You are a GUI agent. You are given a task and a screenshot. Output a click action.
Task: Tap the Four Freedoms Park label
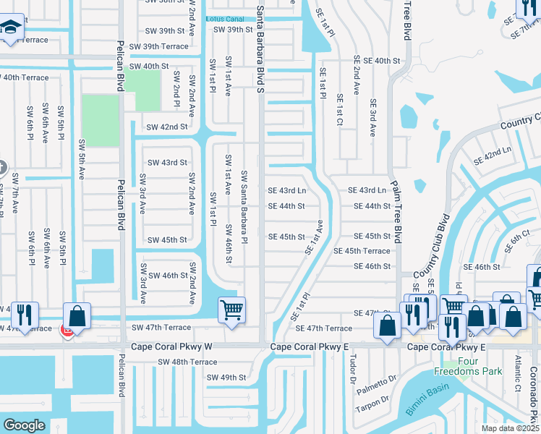[x=463, y=366]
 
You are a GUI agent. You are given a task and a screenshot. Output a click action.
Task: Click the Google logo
[x=24, y=425]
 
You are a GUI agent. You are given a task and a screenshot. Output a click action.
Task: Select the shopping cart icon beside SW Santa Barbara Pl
[x=232, y=310]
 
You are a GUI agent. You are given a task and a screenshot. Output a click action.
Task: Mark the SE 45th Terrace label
[x=362, y=251]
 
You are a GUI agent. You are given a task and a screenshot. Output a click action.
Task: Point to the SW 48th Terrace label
[x=187, y=362]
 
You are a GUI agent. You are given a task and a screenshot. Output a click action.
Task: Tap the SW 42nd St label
[x=166, y=127]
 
